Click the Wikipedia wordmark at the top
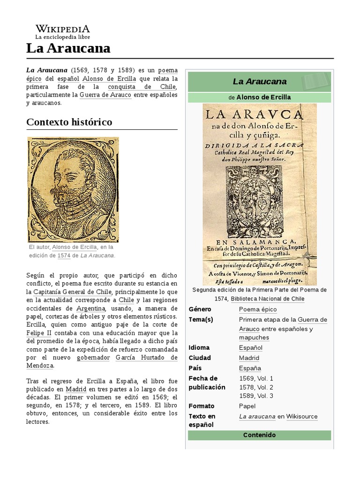click(62, 29)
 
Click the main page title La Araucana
click(68, 48)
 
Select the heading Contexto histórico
click(69, 122)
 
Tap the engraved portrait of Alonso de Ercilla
click(73, 189)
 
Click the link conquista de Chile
click(142, 87)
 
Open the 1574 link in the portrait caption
click(64, 255)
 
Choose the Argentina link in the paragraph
click(91, 308)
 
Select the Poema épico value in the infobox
click(257, 309)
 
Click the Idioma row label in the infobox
click(199, 348)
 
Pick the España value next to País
click(250, 368)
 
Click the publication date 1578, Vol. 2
click(256, 387)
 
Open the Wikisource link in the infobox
click(302, 416)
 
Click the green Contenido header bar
click(259, 435)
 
